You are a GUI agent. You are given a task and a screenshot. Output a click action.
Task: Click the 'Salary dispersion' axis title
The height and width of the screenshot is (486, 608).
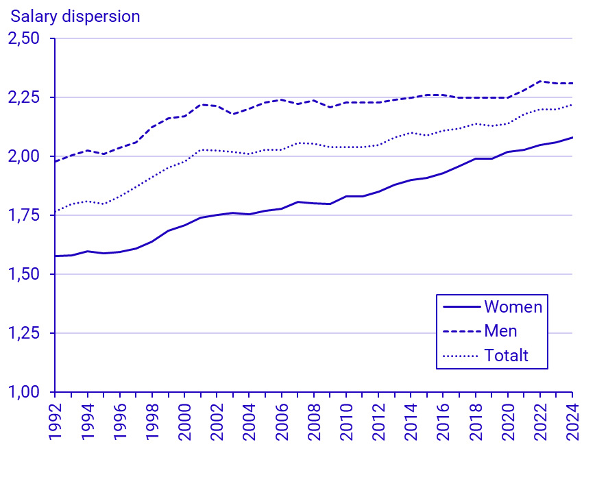click(x=75, y=16)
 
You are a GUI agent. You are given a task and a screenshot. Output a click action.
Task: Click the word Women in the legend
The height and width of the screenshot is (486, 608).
click(x=513, y=306)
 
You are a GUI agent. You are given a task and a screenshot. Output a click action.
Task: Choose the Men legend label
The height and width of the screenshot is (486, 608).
click(x=500, y=331)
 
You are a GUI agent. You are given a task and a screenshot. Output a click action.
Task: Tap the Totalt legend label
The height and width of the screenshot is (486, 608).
click(x=507, y=356)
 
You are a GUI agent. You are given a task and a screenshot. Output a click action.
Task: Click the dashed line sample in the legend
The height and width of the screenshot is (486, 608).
click(x=461, y=331)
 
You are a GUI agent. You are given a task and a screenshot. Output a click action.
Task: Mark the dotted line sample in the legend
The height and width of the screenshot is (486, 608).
click(x=461, y=356)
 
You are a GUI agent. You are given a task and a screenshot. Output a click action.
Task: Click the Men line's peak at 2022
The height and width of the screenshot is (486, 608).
click(x=540, y=81)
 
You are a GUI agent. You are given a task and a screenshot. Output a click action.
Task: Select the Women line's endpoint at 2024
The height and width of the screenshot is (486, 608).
click(x=572, y=137)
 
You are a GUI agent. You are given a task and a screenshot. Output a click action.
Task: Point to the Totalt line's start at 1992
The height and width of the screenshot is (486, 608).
click(x=55, y=212)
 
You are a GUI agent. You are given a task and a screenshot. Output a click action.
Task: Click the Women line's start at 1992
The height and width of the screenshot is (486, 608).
click(x=55, y=256)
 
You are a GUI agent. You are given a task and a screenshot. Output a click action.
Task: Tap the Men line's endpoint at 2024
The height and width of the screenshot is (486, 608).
click(x=572, y=83)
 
